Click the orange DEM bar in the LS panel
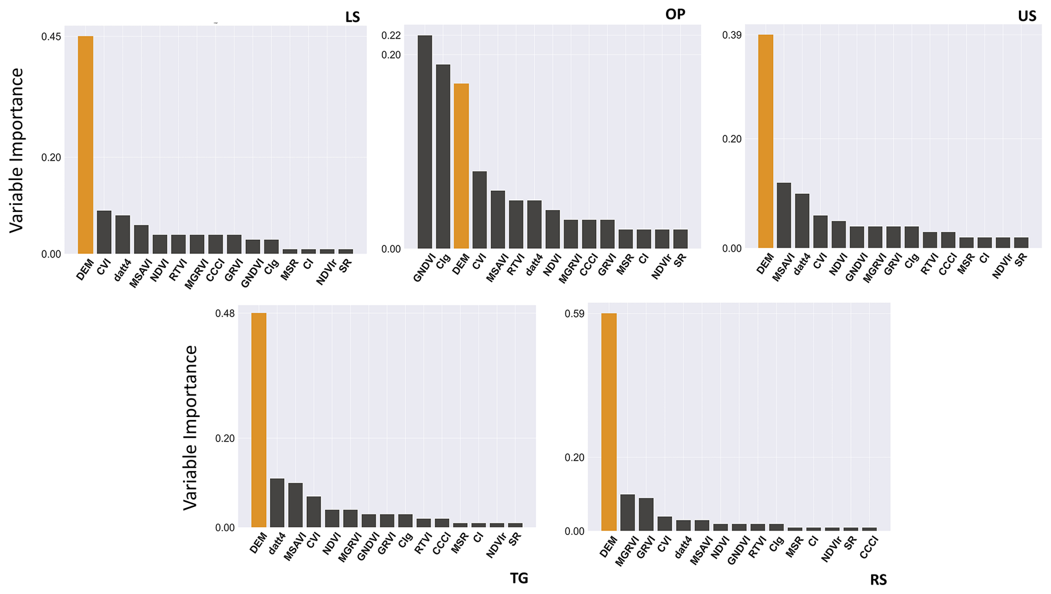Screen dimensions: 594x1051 pos(85,145)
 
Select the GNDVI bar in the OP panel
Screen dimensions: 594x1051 pos(425,142)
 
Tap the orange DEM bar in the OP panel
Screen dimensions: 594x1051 pos(461,166)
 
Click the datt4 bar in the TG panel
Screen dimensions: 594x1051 pos(277,503)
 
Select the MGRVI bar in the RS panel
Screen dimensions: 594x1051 pos(627,513)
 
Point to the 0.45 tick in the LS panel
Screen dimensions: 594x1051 pos(51,37)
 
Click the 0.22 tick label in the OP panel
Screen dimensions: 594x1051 pos(391,36)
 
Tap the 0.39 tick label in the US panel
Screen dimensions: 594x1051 pos(732,35)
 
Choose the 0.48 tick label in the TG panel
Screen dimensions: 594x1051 pos(225,313)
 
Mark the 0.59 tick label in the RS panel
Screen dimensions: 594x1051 pos(575,314)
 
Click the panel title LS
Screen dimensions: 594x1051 pos(352,17)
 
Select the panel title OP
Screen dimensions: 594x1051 pos(675,14)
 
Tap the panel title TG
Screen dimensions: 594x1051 pos(519,578)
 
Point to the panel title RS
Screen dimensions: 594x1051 pos(878,580)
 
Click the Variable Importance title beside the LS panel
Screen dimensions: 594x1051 pos(17,151)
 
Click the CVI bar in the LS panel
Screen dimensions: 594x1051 pos(104,232)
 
